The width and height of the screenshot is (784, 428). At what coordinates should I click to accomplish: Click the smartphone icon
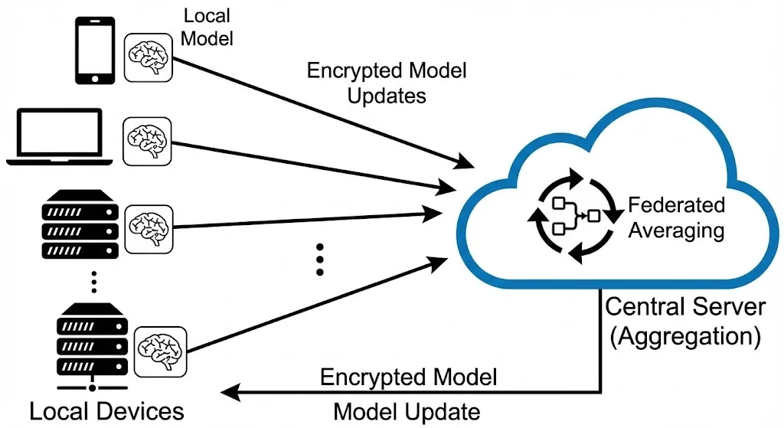(94, 51)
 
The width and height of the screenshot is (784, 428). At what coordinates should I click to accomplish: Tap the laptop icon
(60, 137)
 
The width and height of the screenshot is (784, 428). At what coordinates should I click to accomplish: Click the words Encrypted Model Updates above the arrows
(387, 83)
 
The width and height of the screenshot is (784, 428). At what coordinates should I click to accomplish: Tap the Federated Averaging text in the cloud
(676, 217)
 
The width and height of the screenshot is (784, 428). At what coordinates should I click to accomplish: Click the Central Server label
(685, 307)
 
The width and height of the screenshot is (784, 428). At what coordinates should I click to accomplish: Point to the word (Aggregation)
(685, 335)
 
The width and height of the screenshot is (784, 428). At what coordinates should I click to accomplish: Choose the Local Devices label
(107, 411)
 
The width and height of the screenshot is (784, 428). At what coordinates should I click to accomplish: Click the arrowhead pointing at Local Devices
(229, 394)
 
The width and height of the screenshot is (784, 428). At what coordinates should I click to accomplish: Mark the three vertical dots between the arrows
(320, 260)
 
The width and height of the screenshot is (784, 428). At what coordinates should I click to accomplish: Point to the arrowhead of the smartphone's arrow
(466, 162)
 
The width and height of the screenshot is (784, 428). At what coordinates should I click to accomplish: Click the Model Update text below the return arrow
(407, 412)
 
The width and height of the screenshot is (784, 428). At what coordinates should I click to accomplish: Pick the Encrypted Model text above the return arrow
(409, 377)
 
